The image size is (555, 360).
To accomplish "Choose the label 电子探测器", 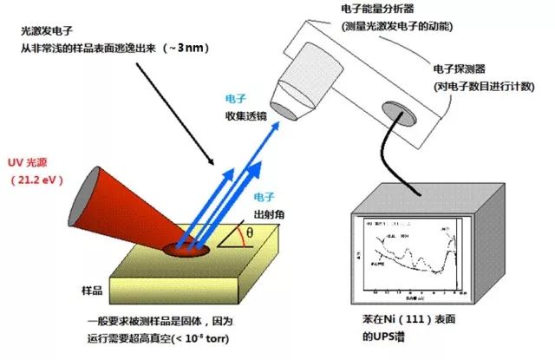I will (x=460, y=69).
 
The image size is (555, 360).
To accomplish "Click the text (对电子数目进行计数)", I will (x=485, y=86).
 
